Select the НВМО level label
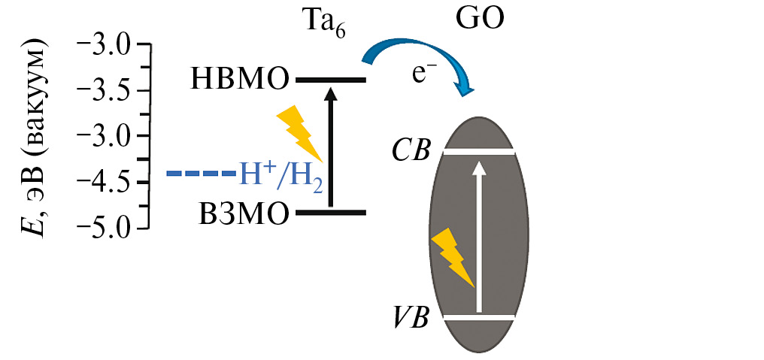(240, 78)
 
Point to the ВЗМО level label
(243, 213)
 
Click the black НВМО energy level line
(330, 80)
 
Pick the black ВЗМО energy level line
(330, 213)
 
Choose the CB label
(411, 151)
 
